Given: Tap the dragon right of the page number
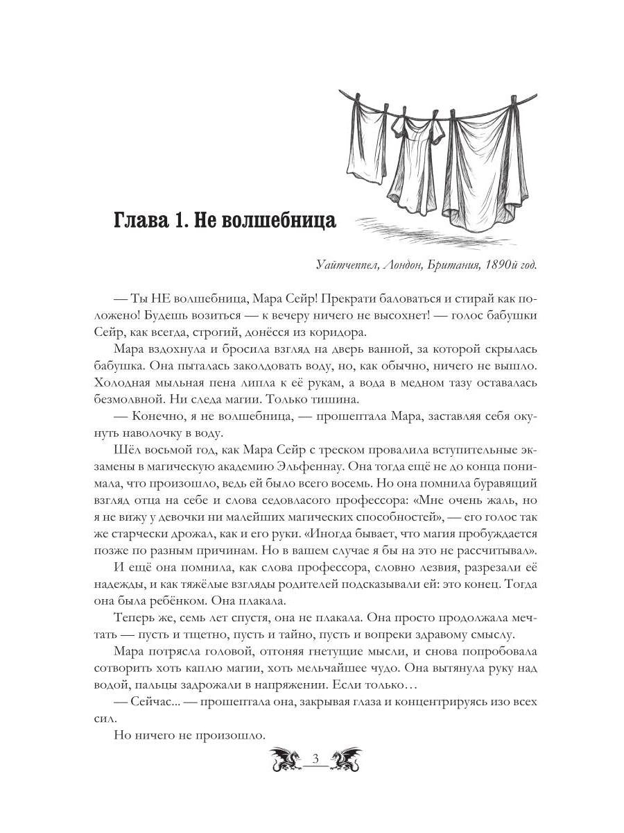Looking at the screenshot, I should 345,759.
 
